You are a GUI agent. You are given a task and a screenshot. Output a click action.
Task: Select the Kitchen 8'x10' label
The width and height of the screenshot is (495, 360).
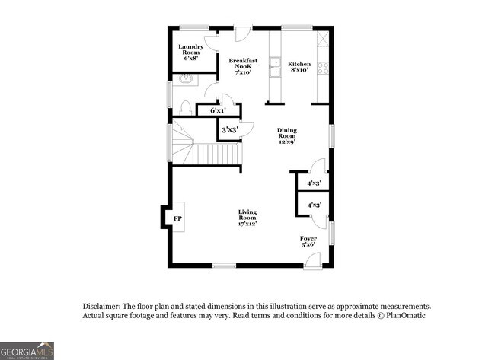[x=299, y=66]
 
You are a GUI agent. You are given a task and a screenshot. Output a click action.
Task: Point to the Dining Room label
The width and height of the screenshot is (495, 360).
[x=286, y=135]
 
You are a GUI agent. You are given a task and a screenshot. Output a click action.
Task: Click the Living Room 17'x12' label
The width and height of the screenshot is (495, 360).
[x=247, y=218]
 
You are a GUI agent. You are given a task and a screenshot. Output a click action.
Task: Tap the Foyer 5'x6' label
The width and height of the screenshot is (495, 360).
[x=308, y=241]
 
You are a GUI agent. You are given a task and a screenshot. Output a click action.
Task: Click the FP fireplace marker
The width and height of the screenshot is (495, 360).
[x=178, y=219]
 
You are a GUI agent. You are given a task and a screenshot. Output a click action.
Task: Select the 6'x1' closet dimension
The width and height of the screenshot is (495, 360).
[x=219, y=111]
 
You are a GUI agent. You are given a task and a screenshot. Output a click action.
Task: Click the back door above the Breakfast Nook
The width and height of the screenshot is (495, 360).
[x=241, y=35]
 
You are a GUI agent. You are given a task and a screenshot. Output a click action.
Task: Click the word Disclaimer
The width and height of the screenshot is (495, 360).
[x=101, y=305]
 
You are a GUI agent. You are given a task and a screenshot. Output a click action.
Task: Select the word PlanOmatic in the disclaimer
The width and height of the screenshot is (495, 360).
[x=407, y=315]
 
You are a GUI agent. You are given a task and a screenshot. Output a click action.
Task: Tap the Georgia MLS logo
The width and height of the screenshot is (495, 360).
[x=27, y=350]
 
